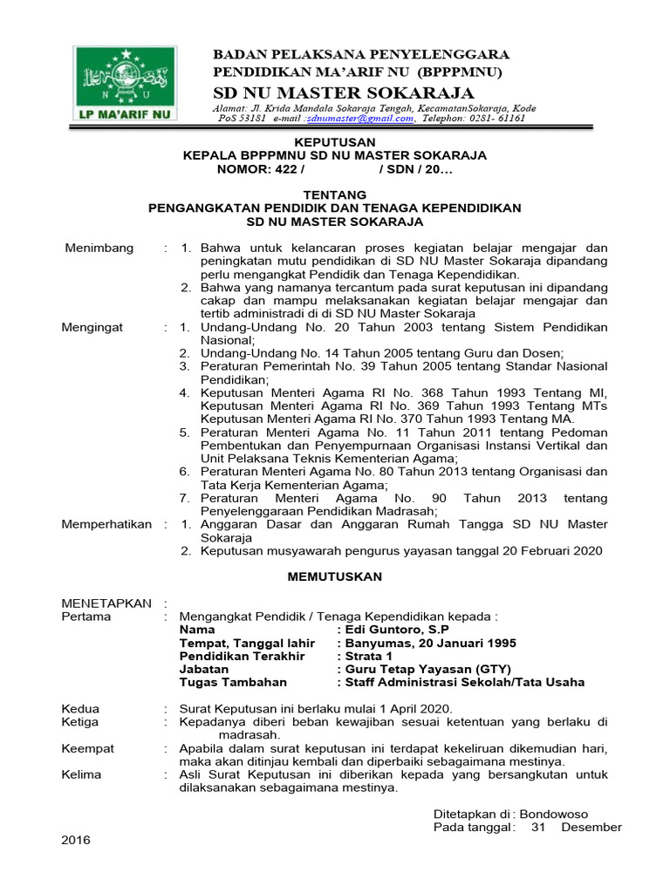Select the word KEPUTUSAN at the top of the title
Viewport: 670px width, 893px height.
[334, 142]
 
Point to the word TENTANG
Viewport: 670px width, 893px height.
[334, 194]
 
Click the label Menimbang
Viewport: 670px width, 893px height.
[99, 248]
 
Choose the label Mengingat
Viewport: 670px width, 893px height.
[92, 327]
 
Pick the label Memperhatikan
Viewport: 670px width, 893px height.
[106, 524]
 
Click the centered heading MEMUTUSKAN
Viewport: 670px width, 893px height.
[335, 576]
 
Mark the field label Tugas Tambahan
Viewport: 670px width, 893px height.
[233, 682]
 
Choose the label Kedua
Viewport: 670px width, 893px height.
[80, 708]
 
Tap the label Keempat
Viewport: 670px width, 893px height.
[87, 748]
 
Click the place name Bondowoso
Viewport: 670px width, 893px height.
[580, 814]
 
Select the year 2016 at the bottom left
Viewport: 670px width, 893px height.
[76, 840]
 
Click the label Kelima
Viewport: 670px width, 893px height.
[81, 774]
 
